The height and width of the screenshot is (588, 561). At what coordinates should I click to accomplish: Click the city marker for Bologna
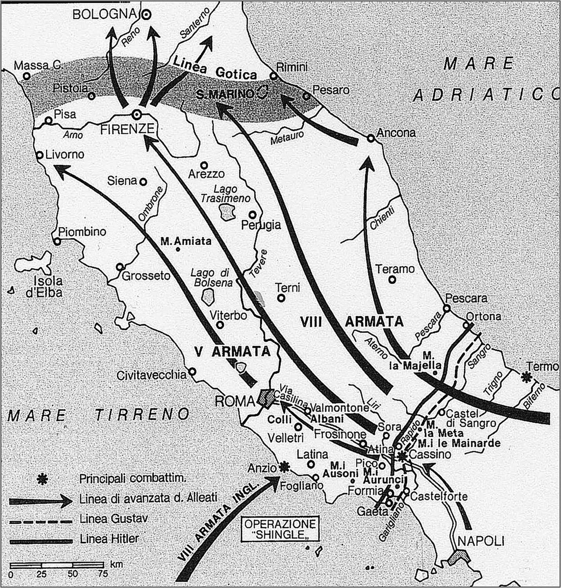pyautogui.click(x=146, y=15)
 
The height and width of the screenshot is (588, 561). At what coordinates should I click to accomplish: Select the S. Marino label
pyautogui.click(x=225, y=94)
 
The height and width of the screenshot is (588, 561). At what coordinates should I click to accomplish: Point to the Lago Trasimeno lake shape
pyautogui.click(x=227, y=212)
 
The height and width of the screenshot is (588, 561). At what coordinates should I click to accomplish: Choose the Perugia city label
pyautogui.click(x=261, y=225)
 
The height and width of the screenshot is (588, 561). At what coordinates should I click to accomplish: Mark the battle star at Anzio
pyautogui.click(x=283, y=467)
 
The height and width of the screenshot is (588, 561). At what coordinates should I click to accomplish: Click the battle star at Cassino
pyautogui.click(x=402, y=456)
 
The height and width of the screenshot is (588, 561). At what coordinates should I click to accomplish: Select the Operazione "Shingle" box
pyautogui.click(x=280, y=530)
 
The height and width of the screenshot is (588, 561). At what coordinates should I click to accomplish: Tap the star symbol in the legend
pyautogui.click(x=43, y=479)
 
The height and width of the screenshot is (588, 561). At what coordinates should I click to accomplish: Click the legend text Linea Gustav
pyautogui.click(x=114, y=519)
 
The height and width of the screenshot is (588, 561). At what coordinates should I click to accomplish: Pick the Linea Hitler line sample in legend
pyautogui.click(x=41, y=541)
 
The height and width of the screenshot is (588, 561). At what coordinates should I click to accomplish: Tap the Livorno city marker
pyautogui.click(x=40, y=155)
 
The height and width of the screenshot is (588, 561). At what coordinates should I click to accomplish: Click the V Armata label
pyautogui.click(x=232, y=352)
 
